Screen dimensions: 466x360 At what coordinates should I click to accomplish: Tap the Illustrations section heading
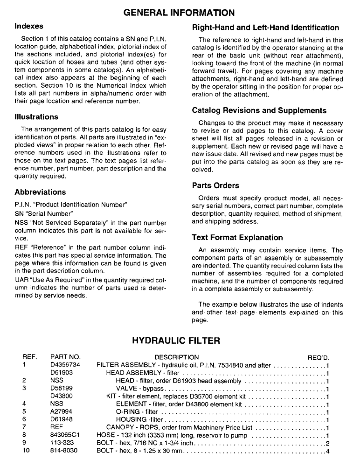pyautogui.click(x=36, y=116)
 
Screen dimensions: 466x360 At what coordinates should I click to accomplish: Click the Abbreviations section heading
pyautogui.click(x=40, y=192)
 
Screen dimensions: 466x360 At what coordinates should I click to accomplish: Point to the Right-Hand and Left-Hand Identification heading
pyautogui.click(x=265, y=27)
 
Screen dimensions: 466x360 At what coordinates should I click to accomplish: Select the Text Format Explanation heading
pyautogui.click(x=237, y=237)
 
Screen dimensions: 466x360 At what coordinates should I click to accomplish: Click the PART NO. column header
pyautogui.click(x=65, y=357)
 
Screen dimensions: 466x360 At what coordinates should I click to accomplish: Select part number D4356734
pyautogui.click(x=65, y=365)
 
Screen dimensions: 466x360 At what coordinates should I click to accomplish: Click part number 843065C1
pyautogui.click(x=65, y=436)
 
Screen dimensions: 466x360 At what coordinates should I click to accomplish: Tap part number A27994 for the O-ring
pyautogui.click(x=61, y=412)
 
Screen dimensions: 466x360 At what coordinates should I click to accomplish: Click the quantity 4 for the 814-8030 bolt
pyautogui.click(x=328, y=452)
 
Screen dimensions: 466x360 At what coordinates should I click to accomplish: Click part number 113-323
pyautogui.click(x=62, y=444)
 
